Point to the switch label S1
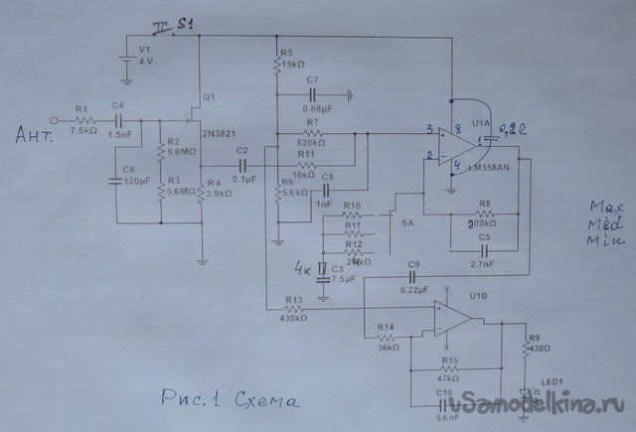click(x=186, y=23)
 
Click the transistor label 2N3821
click(x=217, y=131)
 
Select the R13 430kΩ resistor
click(x=294, y=312)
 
